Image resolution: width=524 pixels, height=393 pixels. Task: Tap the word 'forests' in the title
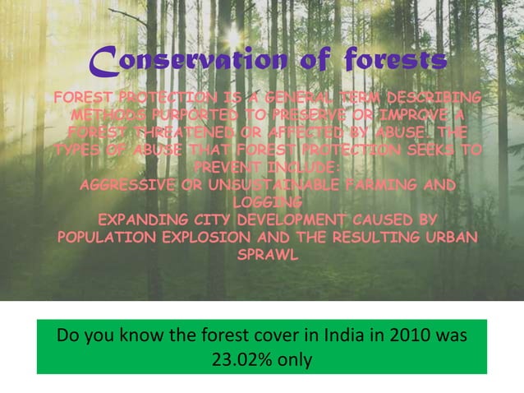pyautogui.click(x=396, y=60)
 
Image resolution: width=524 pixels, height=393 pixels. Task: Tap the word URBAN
pyautogui.click(x=448, y=238)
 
